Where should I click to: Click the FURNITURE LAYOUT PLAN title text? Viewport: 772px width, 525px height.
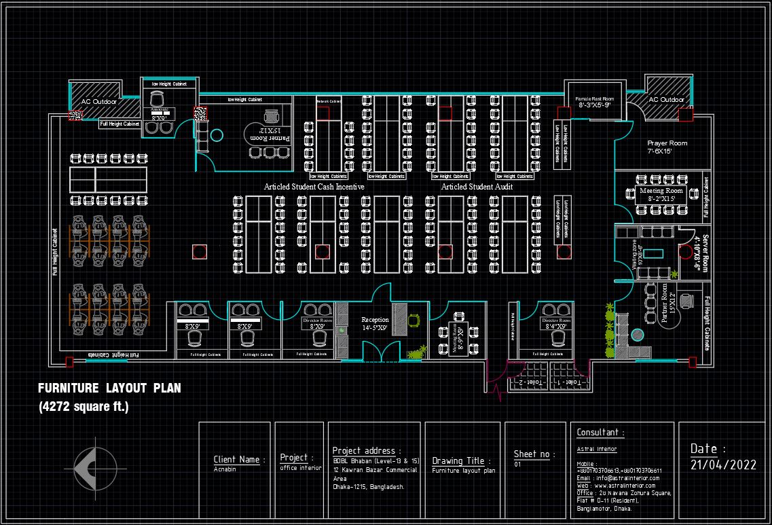tap(109, 388)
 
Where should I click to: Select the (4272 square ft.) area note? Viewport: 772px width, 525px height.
tap(84, 407)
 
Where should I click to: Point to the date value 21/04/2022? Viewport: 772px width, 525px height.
tap(722, 465)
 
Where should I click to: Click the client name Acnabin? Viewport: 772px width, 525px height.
tap(225, 469)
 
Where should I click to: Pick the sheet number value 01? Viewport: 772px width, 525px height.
tap(517, 465)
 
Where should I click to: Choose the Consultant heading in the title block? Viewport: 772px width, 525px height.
tap(600, 433)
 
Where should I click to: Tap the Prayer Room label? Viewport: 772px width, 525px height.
tap(667, 143)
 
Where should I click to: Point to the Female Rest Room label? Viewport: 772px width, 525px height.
tap(594, 99)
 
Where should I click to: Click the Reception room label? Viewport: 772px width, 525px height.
tap(375, 320)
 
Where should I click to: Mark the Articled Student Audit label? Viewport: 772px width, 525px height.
tap(477, 186)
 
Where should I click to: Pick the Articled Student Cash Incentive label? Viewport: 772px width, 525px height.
tap(314, 186)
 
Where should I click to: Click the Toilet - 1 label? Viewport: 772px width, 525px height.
tap(566, 383)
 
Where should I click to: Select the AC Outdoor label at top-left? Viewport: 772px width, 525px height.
tap(99, 102)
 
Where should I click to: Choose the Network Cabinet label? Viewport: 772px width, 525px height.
tap(329, 101)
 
